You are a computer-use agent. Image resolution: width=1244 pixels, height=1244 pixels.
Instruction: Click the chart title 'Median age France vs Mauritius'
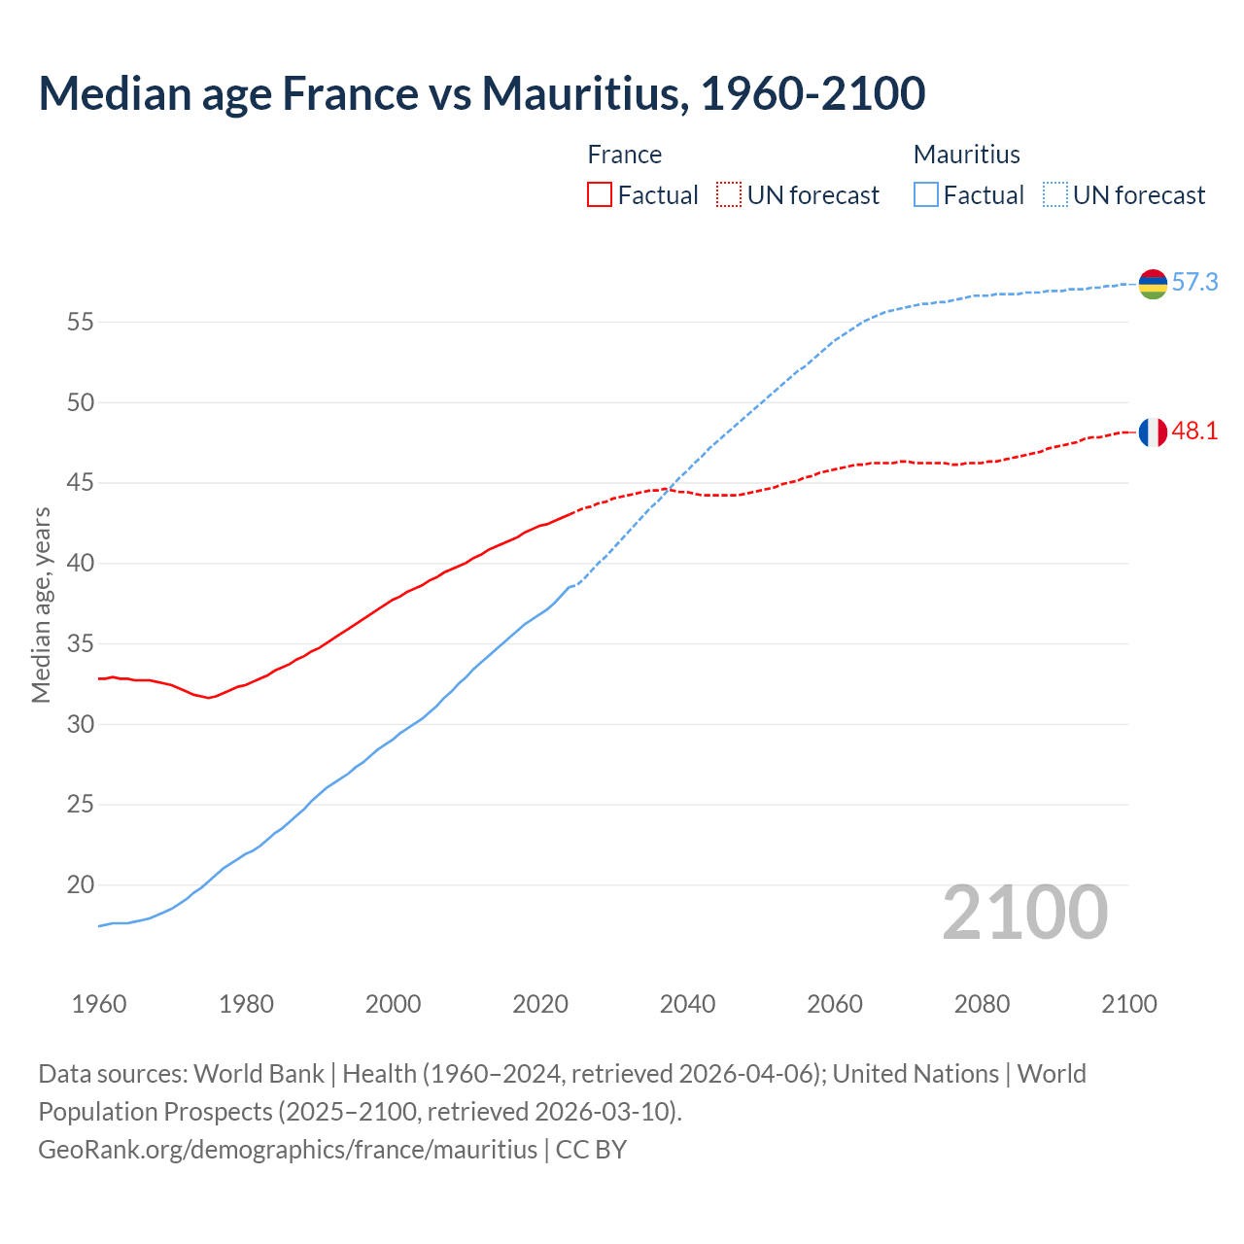point(481,93)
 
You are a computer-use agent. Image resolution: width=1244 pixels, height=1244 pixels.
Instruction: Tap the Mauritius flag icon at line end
point(1153,284)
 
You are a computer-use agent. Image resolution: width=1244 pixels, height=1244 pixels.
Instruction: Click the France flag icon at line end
point(1153,432)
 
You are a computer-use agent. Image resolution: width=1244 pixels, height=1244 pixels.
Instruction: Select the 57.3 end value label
point(1194,283)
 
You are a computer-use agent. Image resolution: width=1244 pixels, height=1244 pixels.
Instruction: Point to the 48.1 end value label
point(1194,432)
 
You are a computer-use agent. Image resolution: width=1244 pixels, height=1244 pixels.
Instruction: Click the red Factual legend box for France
point(600,195)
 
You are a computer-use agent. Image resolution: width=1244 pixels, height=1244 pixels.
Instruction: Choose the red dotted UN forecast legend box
point(729,195)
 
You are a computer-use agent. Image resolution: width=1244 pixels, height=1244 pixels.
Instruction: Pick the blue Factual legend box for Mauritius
point(926,195)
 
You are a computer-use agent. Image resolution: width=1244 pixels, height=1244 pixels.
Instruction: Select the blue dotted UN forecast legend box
point(1055,195)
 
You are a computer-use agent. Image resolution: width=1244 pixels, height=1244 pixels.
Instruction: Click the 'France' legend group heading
point(624,155)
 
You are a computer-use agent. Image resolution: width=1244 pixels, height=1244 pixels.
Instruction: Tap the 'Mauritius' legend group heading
point(966,155)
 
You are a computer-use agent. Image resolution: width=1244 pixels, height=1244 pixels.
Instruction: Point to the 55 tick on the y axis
point(80,322)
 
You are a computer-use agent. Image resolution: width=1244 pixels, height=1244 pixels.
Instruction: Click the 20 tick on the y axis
point(80,885)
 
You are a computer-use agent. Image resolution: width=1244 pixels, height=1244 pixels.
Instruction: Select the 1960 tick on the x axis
point(99,1004)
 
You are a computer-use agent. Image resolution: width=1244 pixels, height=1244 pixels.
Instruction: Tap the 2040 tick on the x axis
point(687,1004)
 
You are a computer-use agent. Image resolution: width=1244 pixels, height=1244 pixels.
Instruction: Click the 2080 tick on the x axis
point(982,1004)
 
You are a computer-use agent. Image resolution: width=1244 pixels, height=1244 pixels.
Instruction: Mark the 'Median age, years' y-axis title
point(41,605)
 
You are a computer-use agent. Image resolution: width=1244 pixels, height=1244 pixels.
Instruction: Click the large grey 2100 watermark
point(1024,913)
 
